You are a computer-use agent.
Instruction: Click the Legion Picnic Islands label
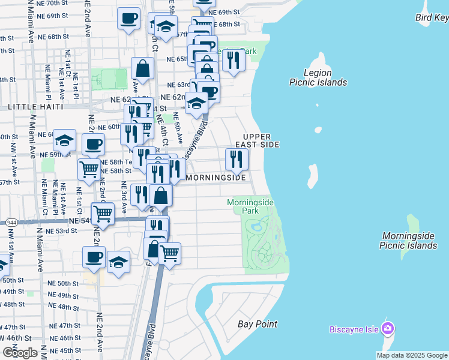[318, 77]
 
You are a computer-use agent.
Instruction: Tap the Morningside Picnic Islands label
[408, 241]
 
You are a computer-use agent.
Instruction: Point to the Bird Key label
[432, 17]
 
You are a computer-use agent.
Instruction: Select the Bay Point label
[258, 324]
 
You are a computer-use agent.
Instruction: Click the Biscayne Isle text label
[354, 329]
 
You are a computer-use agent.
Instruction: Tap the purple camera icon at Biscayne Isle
[388, 328]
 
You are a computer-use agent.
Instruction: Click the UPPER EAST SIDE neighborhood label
[261, 140]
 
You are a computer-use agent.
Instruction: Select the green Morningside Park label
[250, 206]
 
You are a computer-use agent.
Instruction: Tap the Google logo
[20, 352]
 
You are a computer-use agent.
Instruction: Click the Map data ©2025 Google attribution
[412, 355]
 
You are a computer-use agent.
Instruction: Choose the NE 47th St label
[64, 326]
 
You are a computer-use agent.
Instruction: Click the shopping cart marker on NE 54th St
[103, 212]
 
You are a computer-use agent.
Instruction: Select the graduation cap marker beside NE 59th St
[64, 140]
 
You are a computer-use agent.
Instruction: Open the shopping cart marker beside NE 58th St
[89, 169]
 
